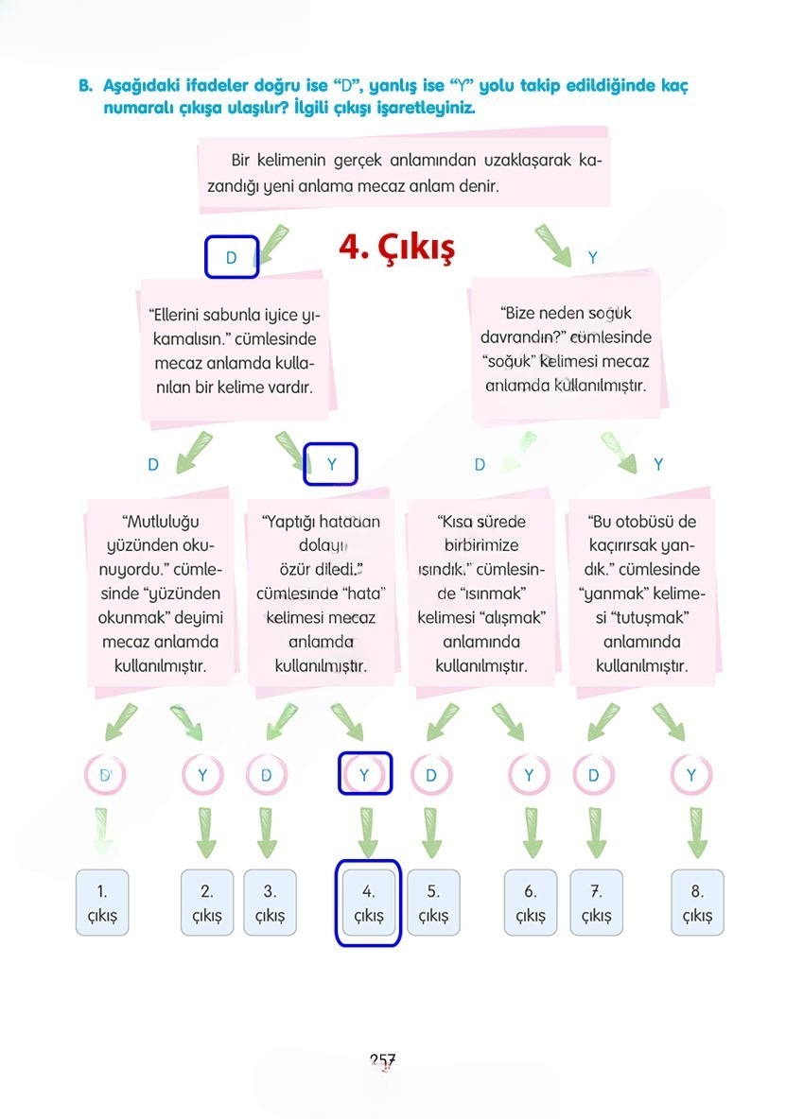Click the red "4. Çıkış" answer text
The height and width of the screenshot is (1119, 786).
[x=396, y=248]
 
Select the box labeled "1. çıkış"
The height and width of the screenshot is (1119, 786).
[x=102, y=903]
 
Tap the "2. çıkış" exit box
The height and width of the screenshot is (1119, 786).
[x=207, y=903]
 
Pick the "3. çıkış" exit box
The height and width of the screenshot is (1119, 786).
[x=270, y=903]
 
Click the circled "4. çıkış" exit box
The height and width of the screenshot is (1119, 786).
[x=369, y=903]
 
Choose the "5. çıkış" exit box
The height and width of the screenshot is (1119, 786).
[x=433, y=903]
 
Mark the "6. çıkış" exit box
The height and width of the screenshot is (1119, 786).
[x=531, y=903]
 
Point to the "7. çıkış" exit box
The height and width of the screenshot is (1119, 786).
[x=597, y=903]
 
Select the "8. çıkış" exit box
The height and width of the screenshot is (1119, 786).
[x=697, y=903]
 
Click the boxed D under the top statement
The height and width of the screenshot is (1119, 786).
[x=232, y=257]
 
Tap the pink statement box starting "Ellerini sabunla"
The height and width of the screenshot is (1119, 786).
[x=234, y=351]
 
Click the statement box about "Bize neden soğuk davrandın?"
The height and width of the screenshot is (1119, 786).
[x=566, y=350]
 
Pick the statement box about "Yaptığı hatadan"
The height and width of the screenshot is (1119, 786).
[x=321, y=594]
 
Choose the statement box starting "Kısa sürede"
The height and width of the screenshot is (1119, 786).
[x=481, y=594]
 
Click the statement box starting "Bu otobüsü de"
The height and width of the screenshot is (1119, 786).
[x=642, y=594]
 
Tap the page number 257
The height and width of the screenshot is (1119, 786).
[x=383, y=1060]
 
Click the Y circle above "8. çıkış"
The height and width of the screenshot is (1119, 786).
[x=691, y=775]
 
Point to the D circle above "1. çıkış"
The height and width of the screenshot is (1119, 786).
[x=105, y=775]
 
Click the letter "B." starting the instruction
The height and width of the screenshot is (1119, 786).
[x=85, y=86]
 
